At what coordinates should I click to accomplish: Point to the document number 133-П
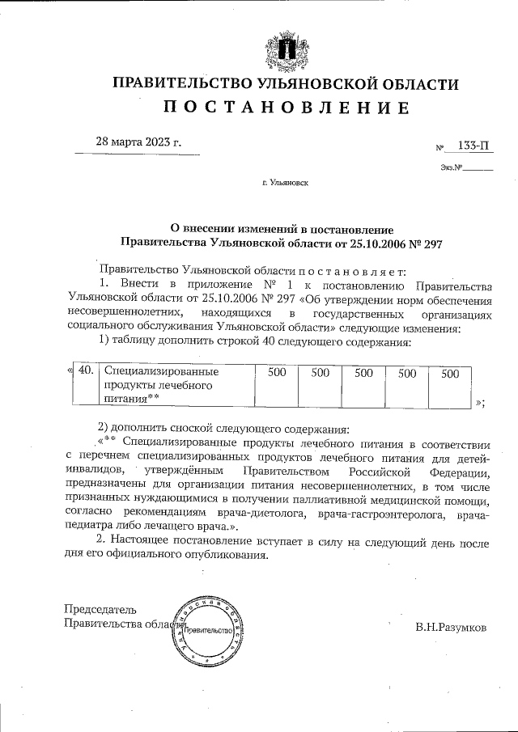click(x=473, y=146)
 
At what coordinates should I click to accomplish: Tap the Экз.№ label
click(x=452, y=170)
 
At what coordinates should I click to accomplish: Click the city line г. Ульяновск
click(x=285, y=184)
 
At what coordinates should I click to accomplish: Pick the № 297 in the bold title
click(x=426, y=241)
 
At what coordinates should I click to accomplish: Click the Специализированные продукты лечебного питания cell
click(x=162, y=385)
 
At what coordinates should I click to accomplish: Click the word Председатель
click(x=100, y=609)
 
